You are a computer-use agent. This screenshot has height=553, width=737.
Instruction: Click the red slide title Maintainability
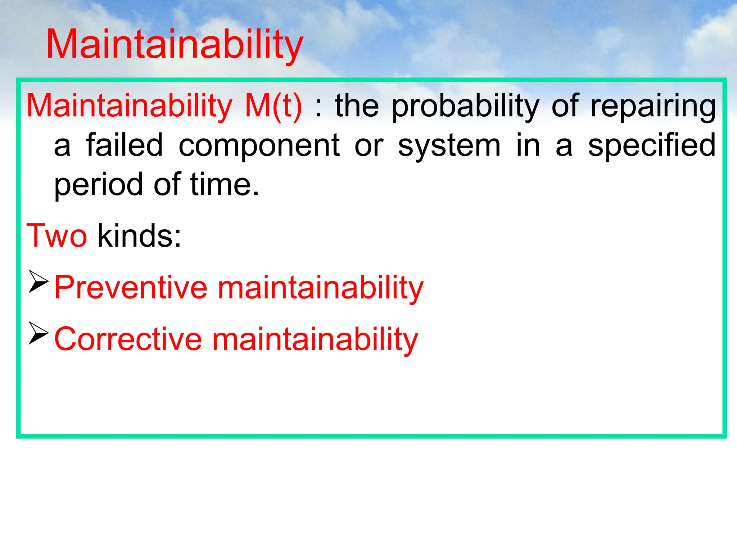coord(175,45)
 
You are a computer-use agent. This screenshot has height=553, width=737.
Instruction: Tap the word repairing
coord(653,107)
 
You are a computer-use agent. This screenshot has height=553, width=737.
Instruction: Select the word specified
coord(651,146)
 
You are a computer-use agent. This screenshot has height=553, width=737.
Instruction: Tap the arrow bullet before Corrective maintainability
coord(38,333)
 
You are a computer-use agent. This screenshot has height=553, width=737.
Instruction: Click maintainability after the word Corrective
coord(315,340)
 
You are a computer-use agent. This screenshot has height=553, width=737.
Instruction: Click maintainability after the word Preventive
coord(321,288)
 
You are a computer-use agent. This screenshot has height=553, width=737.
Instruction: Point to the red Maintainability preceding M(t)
coord(130,107)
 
